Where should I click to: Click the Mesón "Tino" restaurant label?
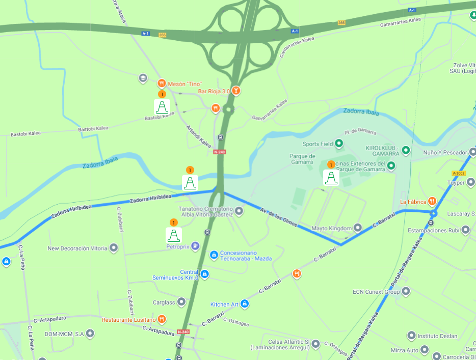(x=185, y=84)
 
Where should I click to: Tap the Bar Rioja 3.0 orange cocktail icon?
(x=236, y=91)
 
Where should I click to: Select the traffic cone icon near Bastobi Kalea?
(x=162, y=106)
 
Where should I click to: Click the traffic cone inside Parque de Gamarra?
(x=331, y=177)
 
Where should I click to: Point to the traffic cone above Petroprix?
(x=174, y=234)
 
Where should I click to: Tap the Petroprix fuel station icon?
(x=196, y=246)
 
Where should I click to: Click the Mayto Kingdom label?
(x=332, y=228)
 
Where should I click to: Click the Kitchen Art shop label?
(x=225, y=304)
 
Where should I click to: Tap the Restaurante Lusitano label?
(x=129, y=320)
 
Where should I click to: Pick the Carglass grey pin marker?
(x=181, y=302)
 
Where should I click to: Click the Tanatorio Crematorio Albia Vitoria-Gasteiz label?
(x=206, y=212)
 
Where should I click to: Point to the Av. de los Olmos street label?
(x=278, y=217)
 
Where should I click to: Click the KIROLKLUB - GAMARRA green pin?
(x=406, y=150)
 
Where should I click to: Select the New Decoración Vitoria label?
(x=77, y=248)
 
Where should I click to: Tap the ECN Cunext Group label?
(x=376, y=292)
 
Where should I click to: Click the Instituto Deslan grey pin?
(x=411, y=336)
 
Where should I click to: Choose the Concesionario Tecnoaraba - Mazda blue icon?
(x=215, y=254)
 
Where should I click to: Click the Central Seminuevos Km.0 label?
(x=175, y=274)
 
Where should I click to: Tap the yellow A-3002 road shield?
(x=459, y=173)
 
